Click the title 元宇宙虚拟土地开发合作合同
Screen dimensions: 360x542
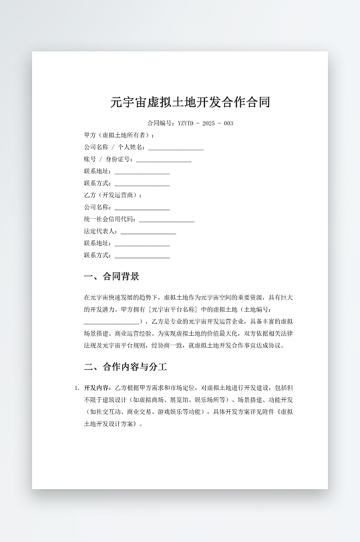190,103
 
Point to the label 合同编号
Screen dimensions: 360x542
160,123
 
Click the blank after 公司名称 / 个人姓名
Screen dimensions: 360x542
176,147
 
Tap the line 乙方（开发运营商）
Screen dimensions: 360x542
113,195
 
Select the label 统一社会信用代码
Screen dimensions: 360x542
110,219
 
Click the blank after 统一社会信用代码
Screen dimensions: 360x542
167,219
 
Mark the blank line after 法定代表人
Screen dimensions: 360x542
148,231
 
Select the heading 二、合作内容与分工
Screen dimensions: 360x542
125,367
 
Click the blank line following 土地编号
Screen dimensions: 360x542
112,321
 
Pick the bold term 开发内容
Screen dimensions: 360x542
97,387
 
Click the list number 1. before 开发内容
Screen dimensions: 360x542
77,387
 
